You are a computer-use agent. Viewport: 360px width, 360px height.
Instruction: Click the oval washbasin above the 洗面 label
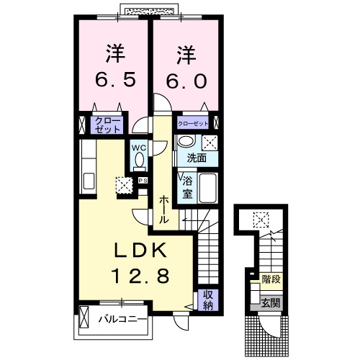tap(186, 141)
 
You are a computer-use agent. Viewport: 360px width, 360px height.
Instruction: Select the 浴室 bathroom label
tap(186, 186)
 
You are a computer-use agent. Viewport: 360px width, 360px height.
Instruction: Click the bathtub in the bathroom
tap(210, 189)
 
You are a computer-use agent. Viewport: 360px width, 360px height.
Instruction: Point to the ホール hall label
tap(164, 210)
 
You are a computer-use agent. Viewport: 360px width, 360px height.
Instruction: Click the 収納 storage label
tap(207, 298)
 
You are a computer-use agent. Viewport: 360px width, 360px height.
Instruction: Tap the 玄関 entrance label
tap(271, 302)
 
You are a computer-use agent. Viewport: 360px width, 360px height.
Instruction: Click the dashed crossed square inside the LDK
tap(124, 185)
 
